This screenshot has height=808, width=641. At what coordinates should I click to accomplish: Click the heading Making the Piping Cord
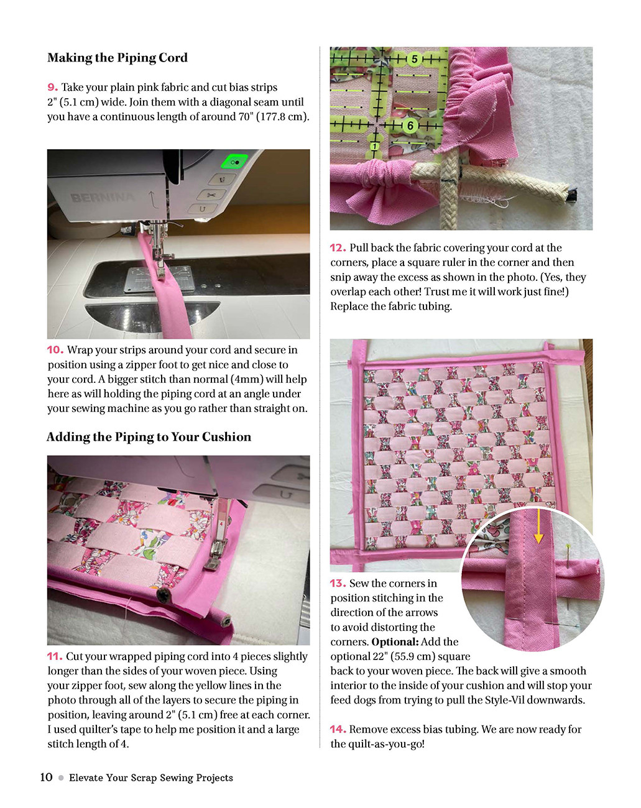pos(118,58)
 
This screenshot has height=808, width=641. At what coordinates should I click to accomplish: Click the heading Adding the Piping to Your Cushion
pos(149,437)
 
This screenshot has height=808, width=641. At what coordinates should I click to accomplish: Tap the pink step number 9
pos(53,88)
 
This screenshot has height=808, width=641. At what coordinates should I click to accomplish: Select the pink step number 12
pos(338,248)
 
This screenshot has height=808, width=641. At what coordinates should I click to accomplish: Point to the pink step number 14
pos(338,729)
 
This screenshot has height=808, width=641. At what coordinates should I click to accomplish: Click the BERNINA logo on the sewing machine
pos(102,198)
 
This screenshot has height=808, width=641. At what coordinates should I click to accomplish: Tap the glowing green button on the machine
pos(234,162)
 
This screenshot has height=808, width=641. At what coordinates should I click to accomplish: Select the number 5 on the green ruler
pos(415,59)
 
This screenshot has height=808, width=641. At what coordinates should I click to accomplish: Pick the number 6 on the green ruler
pos(410,126)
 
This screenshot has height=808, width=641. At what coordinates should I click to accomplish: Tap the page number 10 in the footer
pos(46,777)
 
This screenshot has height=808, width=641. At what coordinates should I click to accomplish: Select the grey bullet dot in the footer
pos(61,778)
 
